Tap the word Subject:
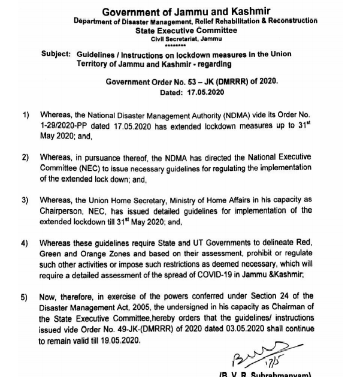click(56, 55)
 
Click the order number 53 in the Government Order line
click(192, 83)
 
